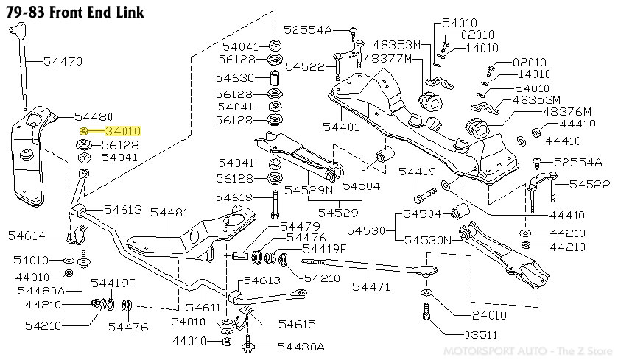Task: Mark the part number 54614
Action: [x=27, y=236]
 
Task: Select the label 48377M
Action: [x=387, y=58]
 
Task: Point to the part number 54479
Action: [x=299, y=226]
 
